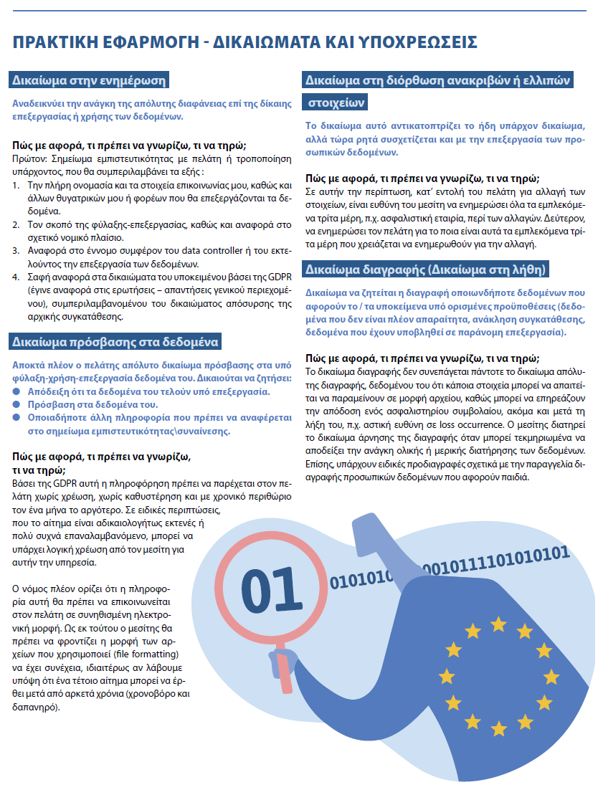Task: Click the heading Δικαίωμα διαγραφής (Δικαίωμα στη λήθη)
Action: click(427, 270)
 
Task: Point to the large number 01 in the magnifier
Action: click(269, 589)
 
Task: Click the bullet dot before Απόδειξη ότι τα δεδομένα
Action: click(17, 391)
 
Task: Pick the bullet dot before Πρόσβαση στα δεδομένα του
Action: click(17, 405)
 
